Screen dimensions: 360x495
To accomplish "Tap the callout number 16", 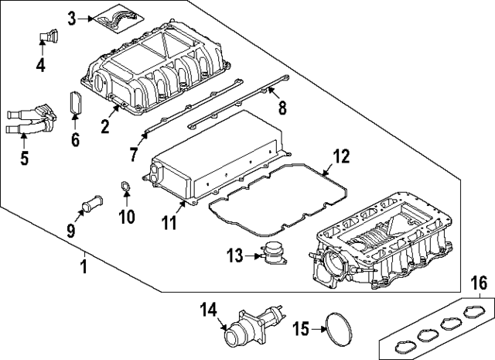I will (x=480, y=282).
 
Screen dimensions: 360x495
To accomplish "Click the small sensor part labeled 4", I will (x=49, y=36).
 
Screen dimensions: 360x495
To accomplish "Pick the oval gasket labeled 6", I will (x=76, y=106).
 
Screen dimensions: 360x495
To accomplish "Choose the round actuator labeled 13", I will (x=272, y=255).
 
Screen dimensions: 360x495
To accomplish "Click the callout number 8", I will (x=282, y=107).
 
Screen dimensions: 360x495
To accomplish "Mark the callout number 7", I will (x=134, y=155).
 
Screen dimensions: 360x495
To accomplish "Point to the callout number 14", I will (x=207, y=310).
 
